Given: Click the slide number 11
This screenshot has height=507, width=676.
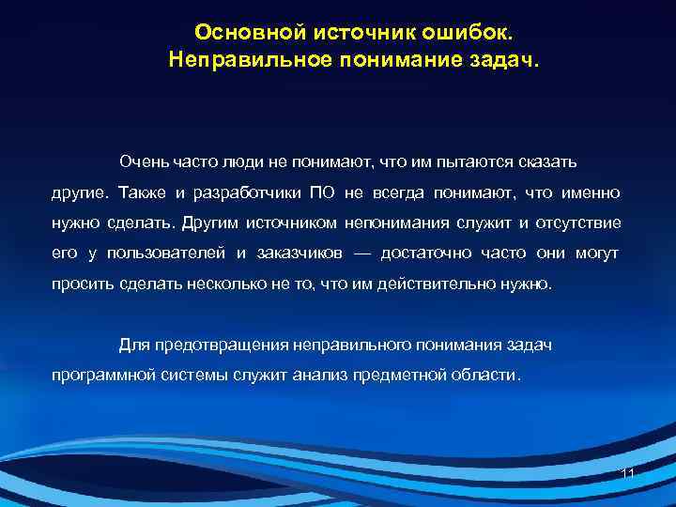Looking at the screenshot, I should point(628,474).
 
